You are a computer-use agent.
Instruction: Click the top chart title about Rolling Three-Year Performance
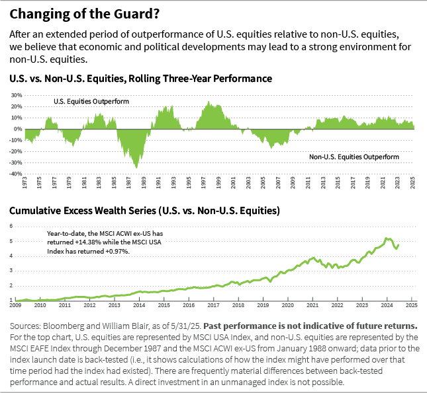pyautogui.click(x=140, y=79)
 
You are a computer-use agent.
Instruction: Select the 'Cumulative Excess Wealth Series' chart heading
pyautogui.click(x=144, y=211)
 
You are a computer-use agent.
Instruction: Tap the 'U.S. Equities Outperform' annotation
pyautogui.click(x=91, y=102)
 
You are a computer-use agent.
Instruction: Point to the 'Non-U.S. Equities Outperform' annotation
pyautogui.click(x=354, y=157)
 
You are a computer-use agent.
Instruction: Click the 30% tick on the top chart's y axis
pyautogui.click(x=17, y=95)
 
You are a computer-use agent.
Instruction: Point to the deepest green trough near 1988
pyautogui.click(x=137, y=167)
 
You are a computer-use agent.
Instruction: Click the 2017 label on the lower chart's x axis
pyautogui.click(x=213, y=306)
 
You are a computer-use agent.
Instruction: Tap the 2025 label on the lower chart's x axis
pyautogui.click(x=411, y=306)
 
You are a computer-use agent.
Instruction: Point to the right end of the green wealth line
pyautogui.click(x=399, y=245)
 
